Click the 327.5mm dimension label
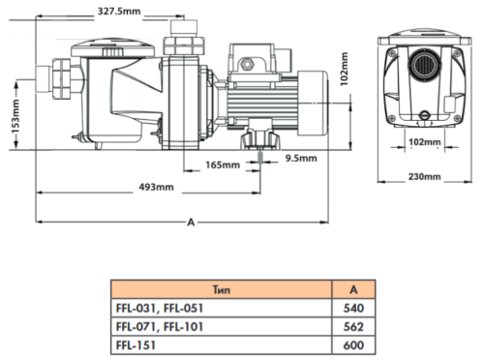119,12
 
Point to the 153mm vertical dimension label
15,116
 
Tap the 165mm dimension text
223,165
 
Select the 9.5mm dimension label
301,159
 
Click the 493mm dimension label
156,187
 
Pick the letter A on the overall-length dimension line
191,223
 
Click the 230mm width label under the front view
425,177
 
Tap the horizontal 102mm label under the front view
425,142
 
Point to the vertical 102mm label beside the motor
345,69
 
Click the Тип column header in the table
222,289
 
